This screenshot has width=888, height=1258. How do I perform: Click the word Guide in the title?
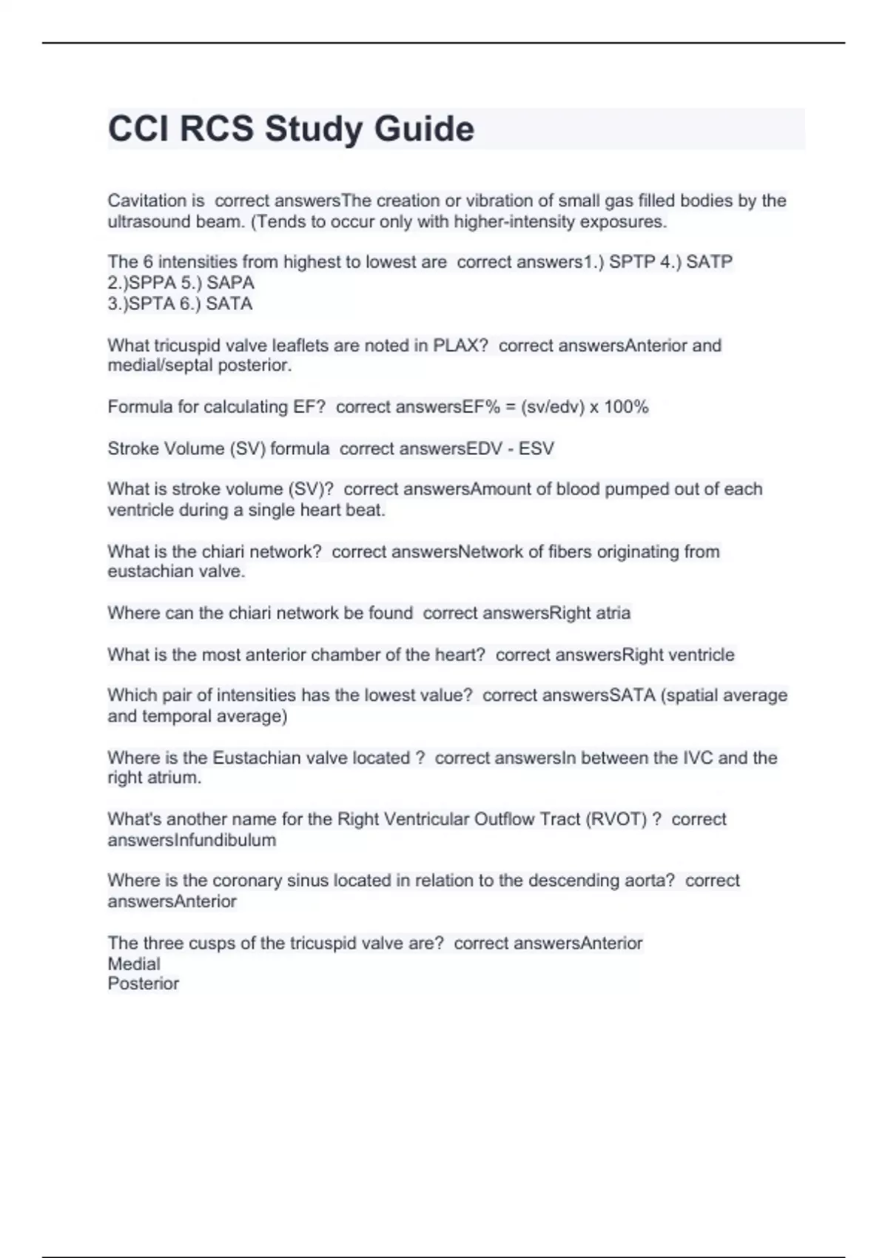tap(424, 129)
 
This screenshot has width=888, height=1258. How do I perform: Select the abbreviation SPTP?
tap(630, 262)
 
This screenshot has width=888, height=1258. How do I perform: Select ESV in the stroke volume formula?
tap(536, 448)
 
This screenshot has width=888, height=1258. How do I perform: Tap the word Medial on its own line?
tap(134, 963)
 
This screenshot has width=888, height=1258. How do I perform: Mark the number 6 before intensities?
tap(148, 262)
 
